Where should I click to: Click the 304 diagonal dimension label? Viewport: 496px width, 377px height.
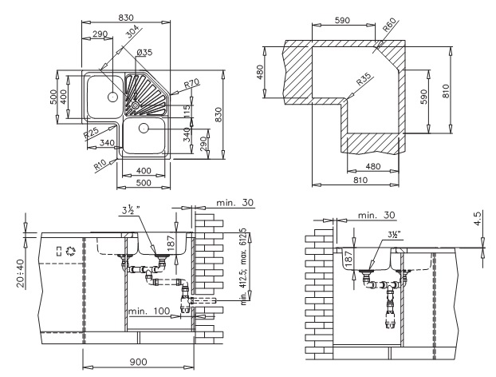(133, 32)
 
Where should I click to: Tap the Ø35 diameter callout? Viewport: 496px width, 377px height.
(144, 52)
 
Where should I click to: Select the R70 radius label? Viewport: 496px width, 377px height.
(191, 84)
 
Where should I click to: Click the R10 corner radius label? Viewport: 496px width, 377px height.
(100, 165)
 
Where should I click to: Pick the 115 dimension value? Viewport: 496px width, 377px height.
(187, 111)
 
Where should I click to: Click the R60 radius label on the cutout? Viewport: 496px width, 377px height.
(389, 26)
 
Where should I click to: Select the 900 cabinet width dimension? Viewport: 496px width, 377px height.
(138, 362)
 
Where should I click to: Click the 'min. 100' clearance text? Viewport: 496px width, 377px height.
(149, 311)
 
